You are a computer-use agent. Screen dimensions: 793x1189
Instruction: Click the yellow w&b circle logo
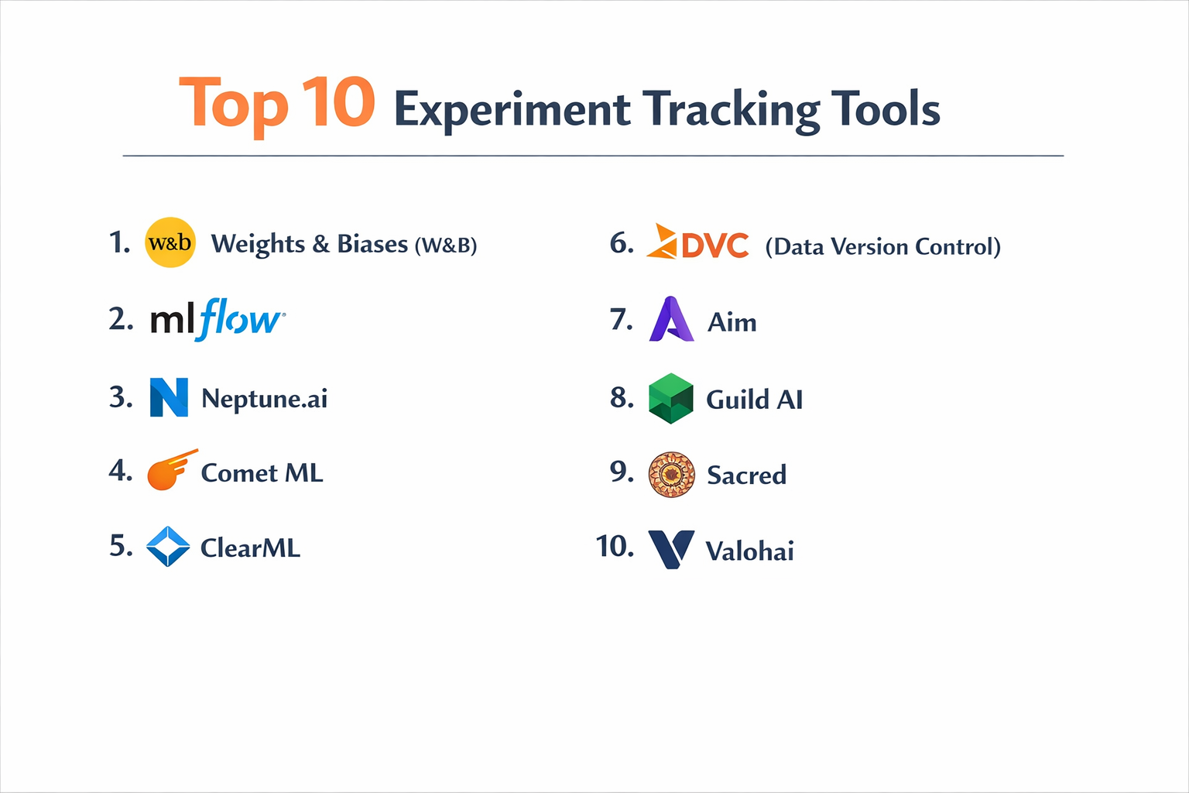(170, 242)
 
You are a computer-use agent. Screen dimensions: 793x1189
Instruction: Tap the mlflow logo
(218, 319)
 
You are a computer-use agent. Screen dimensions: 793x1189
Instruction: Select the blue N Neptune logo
(169, 397)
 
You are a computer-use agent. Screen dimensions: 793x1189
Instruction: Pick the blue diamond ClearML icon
(168, 547)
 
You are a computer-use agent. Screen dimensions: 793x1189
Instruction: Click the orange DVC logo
(697, 242)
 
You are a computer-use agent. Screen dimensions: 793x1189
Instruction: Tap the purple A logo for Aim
(671, 319)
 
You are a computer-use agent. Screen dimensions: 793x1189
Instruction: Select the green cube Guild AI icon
(670, 398)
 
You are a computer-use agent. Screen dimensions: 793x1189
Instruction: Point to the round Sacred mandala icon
(671, 474)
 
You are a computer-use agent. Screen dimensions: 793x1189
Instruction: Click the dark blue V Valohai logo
(670, 549)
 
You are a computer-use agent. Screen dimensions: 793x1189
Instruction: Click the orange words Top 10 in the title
(277, 104)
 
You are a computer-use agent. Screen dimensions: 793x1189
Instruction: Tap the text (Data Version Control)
(882, 246)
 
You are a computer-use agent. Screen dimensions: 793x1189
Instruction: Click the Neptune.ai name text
(264, 398)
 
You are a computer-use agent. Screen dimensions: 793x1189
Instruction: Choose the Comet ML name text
(262, 472)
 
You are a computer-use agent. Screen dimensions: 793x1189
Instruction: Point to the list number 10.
(615, 546)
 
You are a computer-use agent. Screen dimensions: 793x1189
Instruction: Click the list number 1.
(119, 242)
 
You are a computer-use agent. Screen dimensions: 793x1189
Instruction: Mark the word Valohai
(749, 551)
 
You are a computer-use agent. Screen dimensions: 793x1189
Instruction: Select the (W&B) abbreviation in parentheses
(446, 245)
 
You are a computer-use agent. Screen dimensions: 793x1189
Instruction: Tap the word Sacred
(746, 475)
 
